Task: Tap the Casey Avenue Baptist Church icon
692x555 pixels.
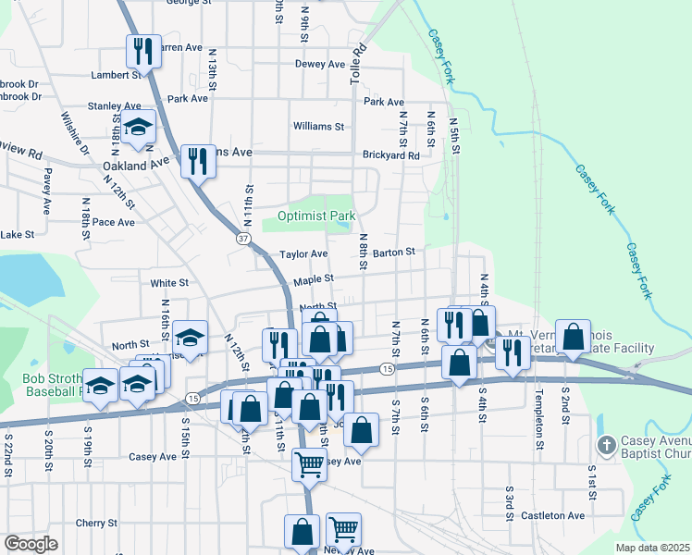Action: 607,446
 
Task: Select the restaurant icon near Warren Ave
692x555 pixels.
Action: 142,50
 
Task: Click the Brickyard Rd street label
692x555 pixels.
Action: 391,155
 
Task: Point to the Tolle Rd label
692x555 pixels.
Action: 358,64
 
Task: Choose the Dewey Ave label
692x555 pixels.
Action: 319,64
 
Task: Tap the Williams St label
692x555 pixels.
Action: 318,126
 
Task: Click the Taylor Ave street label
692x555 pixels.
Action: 304,253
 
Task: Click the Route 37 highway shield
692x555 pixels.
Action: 243,239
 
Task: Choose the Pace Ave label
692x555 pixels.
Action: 114,222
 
